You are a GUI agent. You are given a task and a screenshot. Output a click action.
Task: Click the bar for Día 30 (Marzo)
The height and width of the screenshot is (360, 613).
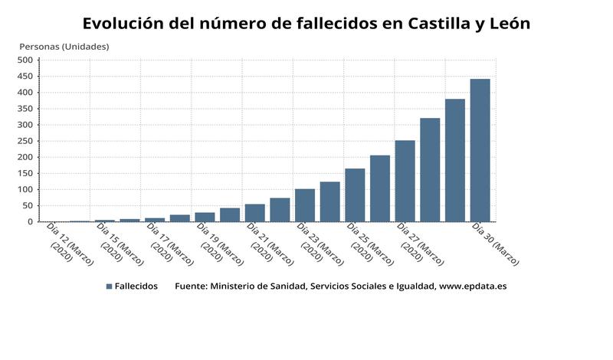pos(480,150)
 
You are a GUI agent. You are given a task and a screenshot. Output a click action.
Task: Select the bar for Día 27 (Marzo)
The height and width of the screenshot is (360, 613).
pos(405,181)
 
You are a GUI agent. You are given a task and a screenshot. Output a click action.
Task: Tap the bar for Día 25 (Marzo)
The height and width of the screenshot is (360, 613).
pos(355,195)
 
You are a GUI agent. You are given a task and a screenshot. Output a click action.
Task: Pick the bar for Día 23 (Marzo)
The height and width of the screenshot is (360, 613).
pos(305,205)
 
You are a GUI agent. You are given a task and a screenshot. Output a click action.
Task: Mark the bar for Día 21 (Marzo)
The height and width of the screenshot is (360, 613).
pos(255,212)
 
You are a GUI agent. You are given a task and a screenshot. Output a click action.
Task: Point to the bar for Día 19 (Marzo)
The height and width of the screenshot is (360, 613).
pos(205,217)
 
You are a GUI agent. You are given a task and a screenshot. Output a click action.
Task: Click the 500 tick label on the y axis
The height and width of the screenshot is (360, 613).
pos(25,60)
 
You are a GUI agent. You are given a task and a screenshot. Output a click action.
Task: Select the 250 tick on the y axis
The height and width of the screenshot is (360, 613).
pos(25,141)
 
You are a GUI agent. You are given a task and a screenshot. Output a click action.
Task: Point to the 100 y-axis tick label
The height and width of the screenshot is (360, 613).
pos(25,189)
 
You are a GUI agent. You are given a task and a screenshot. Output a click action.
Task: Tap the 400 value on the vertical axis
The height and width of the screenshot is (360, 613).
pos(25,92)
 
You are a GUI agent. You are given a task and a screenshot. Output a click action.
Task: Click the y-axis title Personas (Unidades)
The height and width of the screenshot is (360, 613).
pos(64,47)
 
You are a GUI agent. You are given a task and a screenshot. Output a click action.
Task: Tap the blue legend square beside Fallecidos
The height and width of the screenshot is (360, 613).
pos(109,286)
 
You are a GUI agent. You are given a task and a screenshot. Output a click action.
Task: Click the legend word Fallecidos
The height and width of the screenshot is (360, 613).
pos(136,286)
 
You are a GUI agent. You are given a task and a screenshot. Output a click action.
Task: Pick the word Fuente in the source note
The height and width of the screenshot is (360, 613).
pos(191,286)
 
